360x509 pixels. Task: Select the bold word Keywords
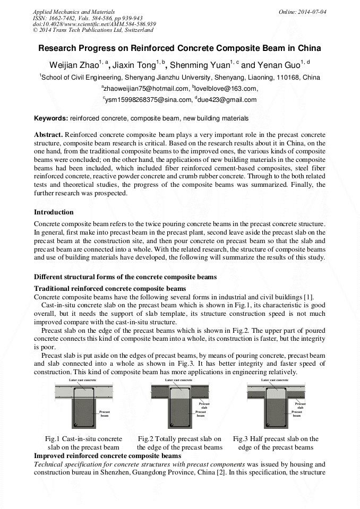click(50, 118)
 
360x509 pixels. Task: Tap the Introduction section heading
click(54, 212)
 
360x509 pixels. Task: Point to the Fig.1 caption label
click(53, 439)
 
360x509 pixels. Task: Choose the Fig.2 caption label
click(145, 439)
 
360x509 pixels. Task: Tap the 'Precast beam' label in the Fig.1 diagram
click(105, 413)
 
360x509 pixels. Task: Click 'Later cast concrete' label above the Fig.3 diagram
click(275, 380)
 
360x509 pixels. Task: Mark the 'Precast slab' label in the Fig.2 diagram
click(204, 406)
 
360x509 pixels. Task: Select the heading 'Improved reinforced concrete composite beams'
click(107, 456)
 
